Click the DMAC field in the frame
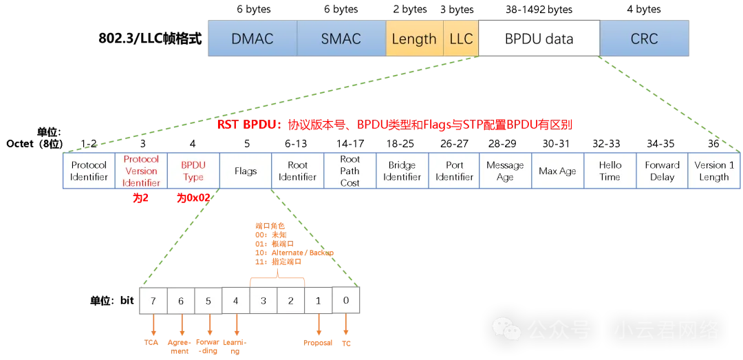[x=252, y=39]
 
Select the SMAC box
[x=341, y=39]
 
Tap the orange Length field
[x=414, y=39]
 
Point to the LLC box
[x=461, y=39]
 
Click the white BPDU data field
[x=539, y=39]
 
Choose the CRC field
[x=644, y=39]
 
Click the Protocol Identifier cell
[x=89, y=171]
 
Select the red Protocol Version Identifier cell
[x=141, y=171]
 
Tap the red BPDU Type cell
[x=193, y=171]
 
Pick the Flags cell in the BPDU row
[x=246, y=171]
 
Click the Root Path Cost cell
[x=350, y=171]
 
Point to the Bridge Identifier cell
[x=402, y=171]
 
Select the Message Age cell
[x=505, y=171]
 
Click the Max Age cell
[x=557, y=171]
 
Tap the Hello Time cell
[x=610, y=171]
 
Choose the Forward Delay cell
[x=662, y=171]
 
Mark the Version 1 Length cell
[x=714, y=171]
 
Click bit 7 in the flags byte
[x=153, y=301]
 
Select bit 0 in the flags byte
[x=346, y=301]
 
